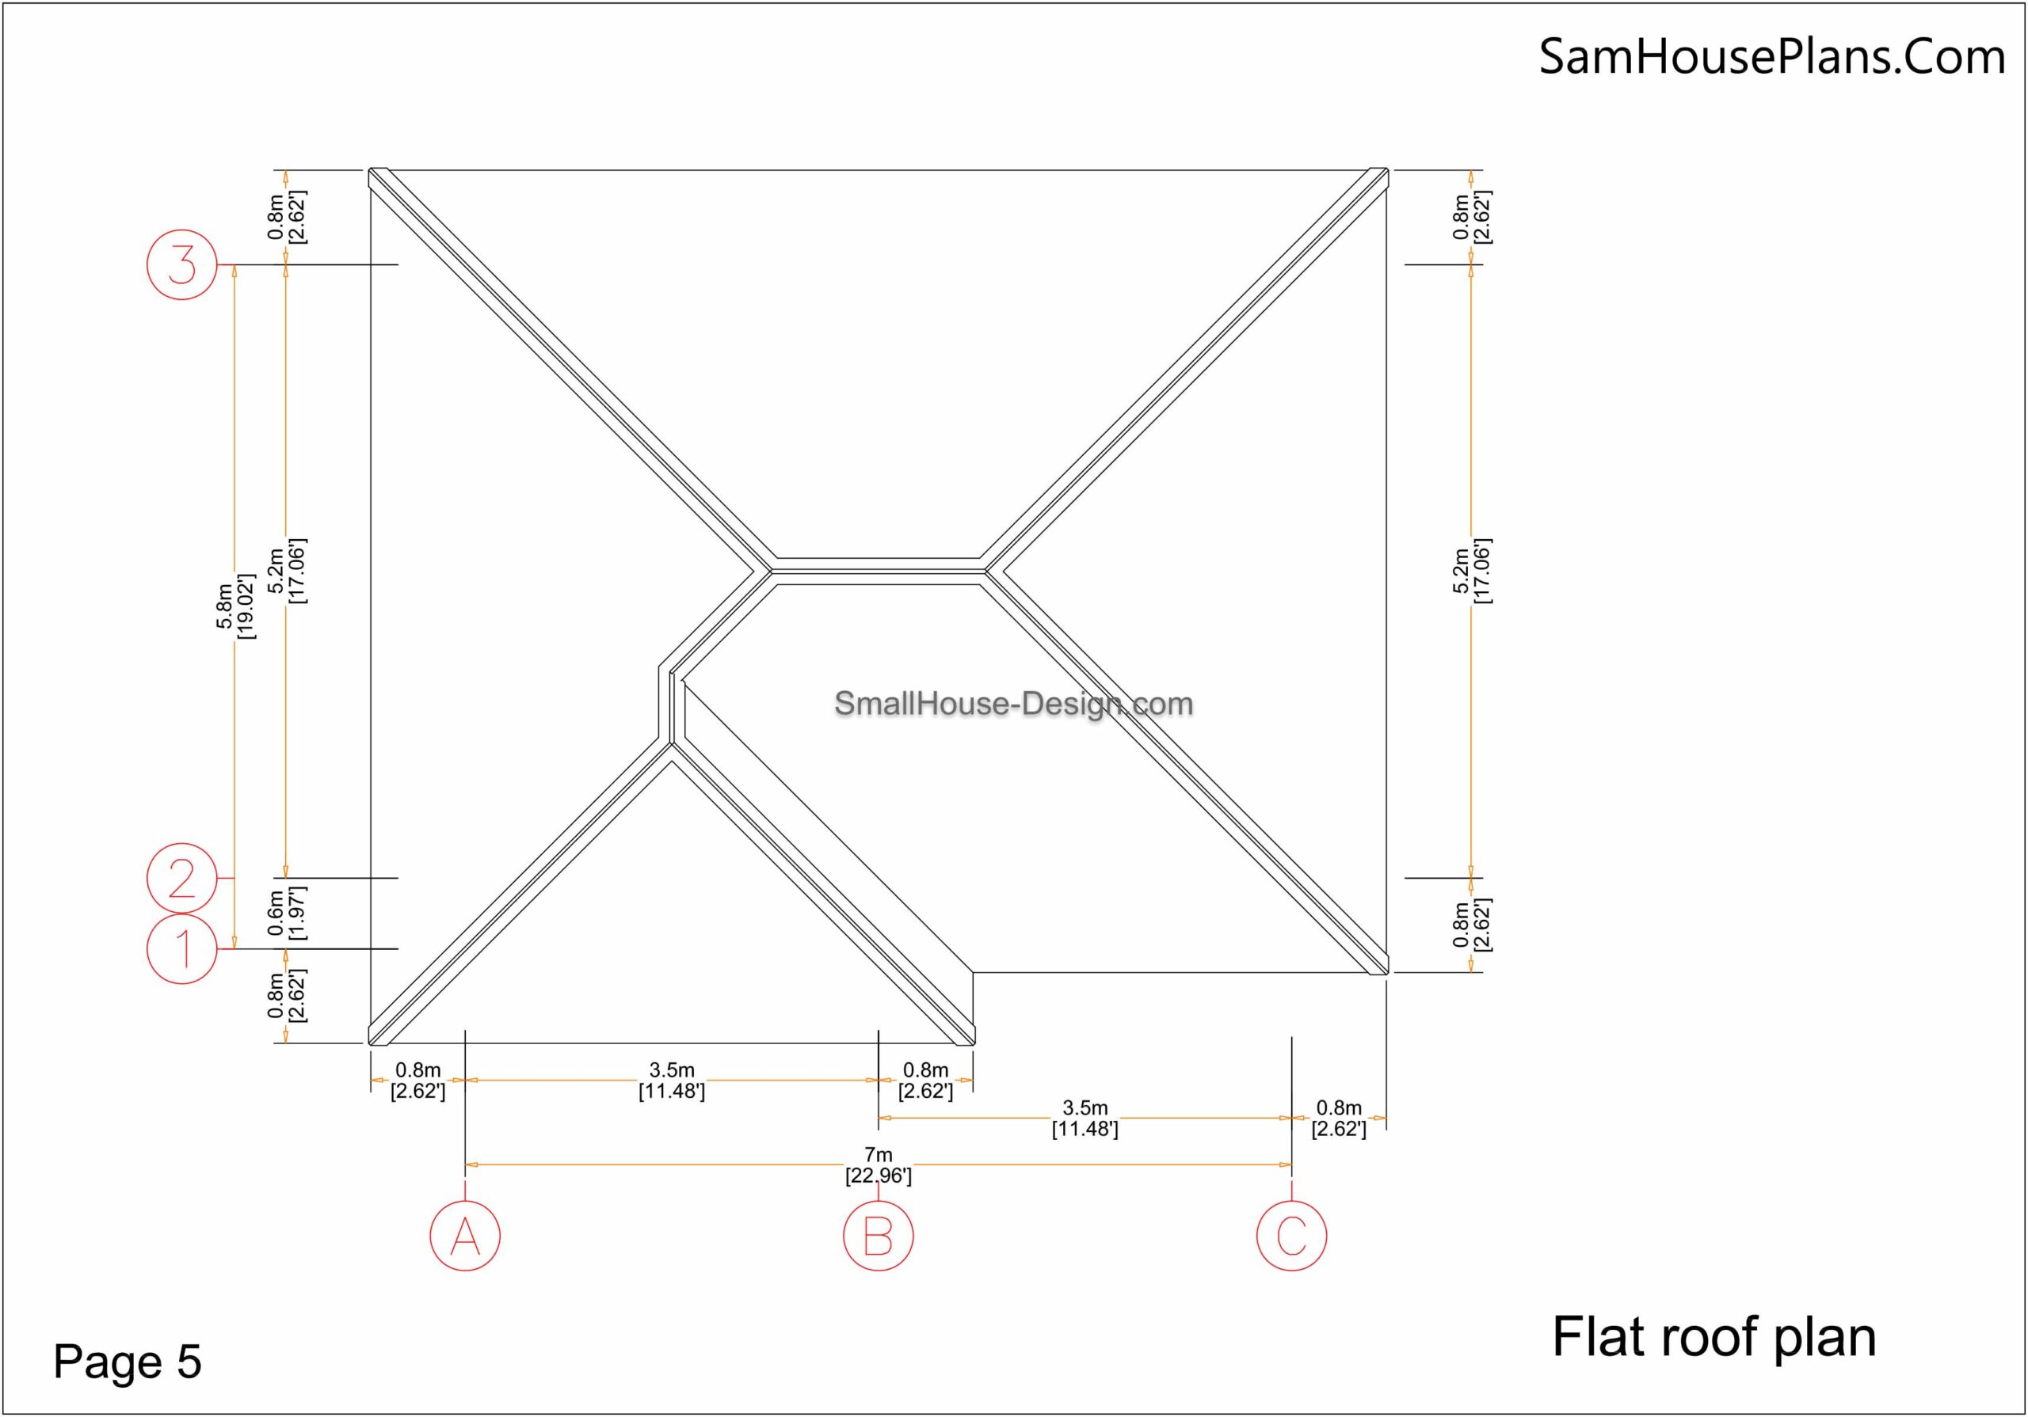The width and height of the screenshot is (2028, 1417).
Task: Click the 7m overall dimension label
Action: [x=878, y=1165]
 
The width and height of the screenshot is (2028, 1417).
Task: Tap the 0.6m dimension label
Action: [x=286, y=913]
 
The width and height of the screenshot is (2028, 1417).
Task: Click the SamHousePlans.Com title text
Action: [x=1772, y=56]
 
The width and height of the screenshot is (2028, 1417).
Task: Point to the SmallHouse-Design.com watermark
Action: [x=1013, y=704]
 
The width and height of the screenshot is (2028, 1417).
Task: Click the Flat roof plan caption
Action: [x=1714, y=1338]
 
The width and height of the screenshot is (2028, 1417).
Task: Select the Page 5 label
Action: [x=128, y=1361]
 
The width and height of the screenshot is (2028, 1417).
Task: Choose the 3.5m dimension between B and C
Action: [x=1085, y=1119]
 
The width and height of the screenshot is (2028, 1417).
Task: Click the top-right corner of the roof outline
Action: [x=1387, y=169]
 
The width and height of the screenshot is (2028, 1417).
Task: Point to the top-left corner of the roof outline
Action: [x=370, y=169]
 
